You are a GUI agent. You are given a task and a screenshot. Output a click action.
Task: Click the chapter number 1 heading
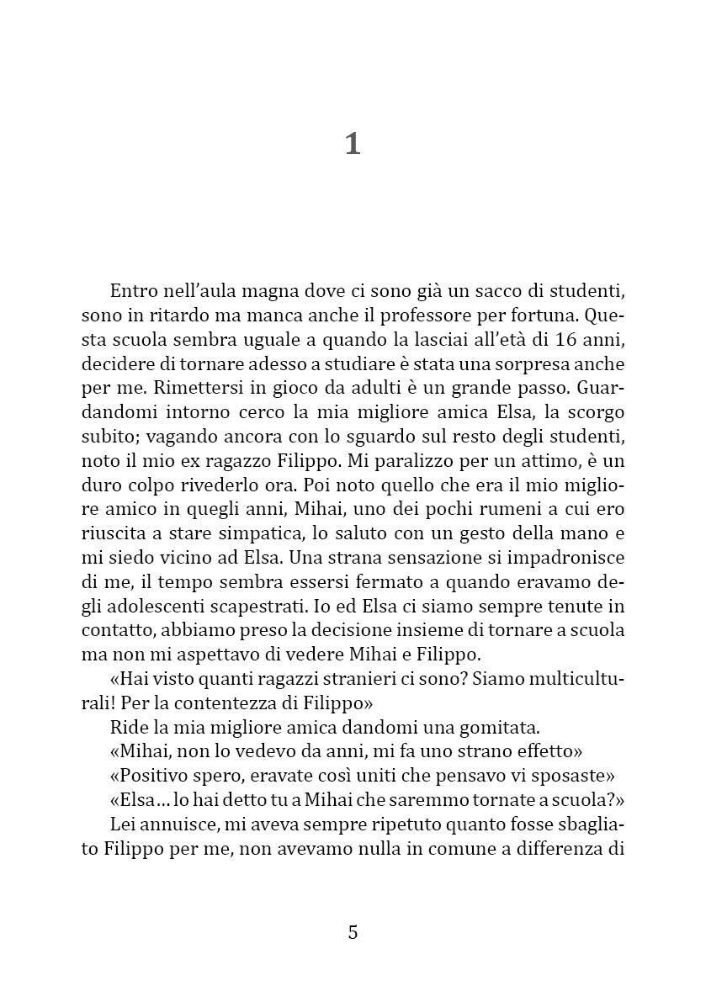pyautogui.click(x=353, y=144)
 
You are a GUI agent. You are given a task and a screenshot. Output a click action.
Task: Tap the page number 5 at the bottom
pyautogui.click(x=353, y=932)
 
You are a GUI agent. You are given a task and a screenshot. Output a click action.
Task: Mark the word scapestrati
pyautogui.click(x=250, y=607)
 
